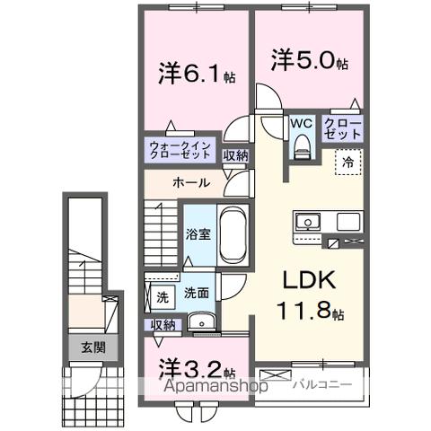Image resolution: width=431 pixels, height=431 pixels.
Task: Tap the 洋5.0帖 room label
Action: point(308,60)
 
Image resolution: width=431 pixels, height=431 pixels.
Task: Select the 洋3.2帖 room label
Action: point(198,369)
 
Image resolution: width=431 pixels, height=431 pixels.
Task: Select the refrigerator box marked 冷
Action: point(347,163)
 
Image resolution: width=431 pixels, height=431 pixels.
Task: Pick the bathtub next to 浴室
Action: point(233,234)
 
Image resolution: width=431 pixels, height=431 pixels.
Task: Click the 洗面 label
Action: point(198,293)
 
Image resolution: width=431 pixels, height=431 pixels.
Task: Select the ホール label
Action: point(191,182)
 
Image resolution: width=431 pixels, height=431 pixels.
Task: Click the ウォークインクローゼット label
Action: point(180,149)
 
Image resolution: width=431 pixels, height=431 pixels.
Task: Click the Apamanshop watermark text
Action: point(216,388)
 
